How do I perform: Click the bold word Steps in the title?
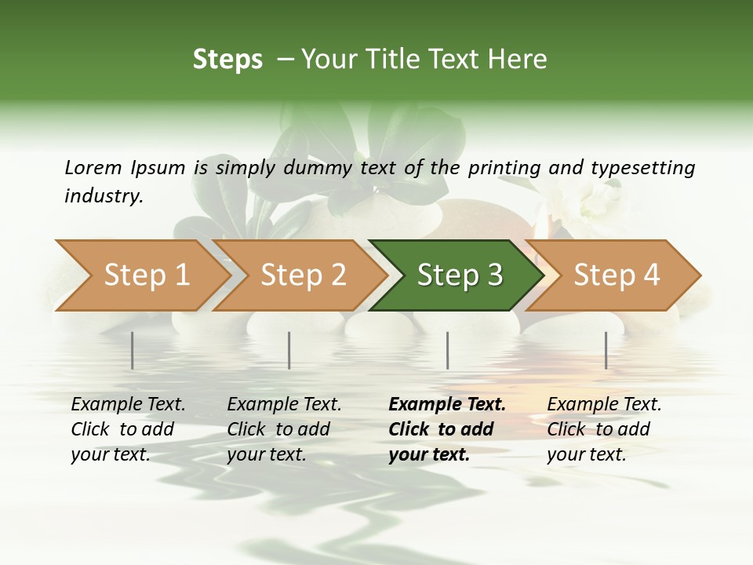point(227,60)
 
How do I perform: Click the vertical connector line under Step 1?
point(133,350)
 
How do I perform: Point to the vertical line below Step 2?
point(289,350)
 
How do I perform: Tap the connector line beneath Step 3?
point(447,350)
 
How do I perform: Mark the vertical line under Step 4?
point(606,350)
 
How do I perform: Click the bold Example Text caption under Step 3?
point(447,405)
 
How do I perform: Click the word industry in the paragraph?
point(103,195)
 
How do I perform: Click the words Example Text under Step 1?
point(128,405)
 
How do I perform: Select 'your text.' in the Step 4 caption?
point(586,454)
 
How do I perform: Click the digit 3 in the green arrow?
point(494,275)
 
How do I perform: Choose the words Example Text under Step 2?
point(284,405)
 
